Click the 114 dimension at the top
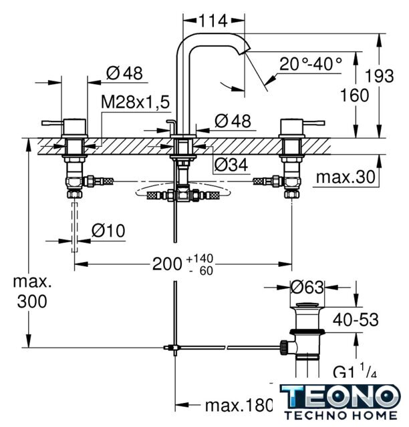point(213,21)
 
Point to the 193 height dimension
point(380,75)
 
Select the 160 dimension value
point(354,95)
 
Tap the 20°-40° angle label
point(311,64)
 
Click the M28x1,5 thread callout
point(136,102)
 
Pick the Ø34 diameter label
point(231,165)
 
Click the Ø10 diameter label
point(108,231)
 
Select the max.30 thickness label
point(346,177)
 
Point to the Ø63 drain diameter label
point(307,287)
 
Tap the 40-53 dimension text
point(356,320)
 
